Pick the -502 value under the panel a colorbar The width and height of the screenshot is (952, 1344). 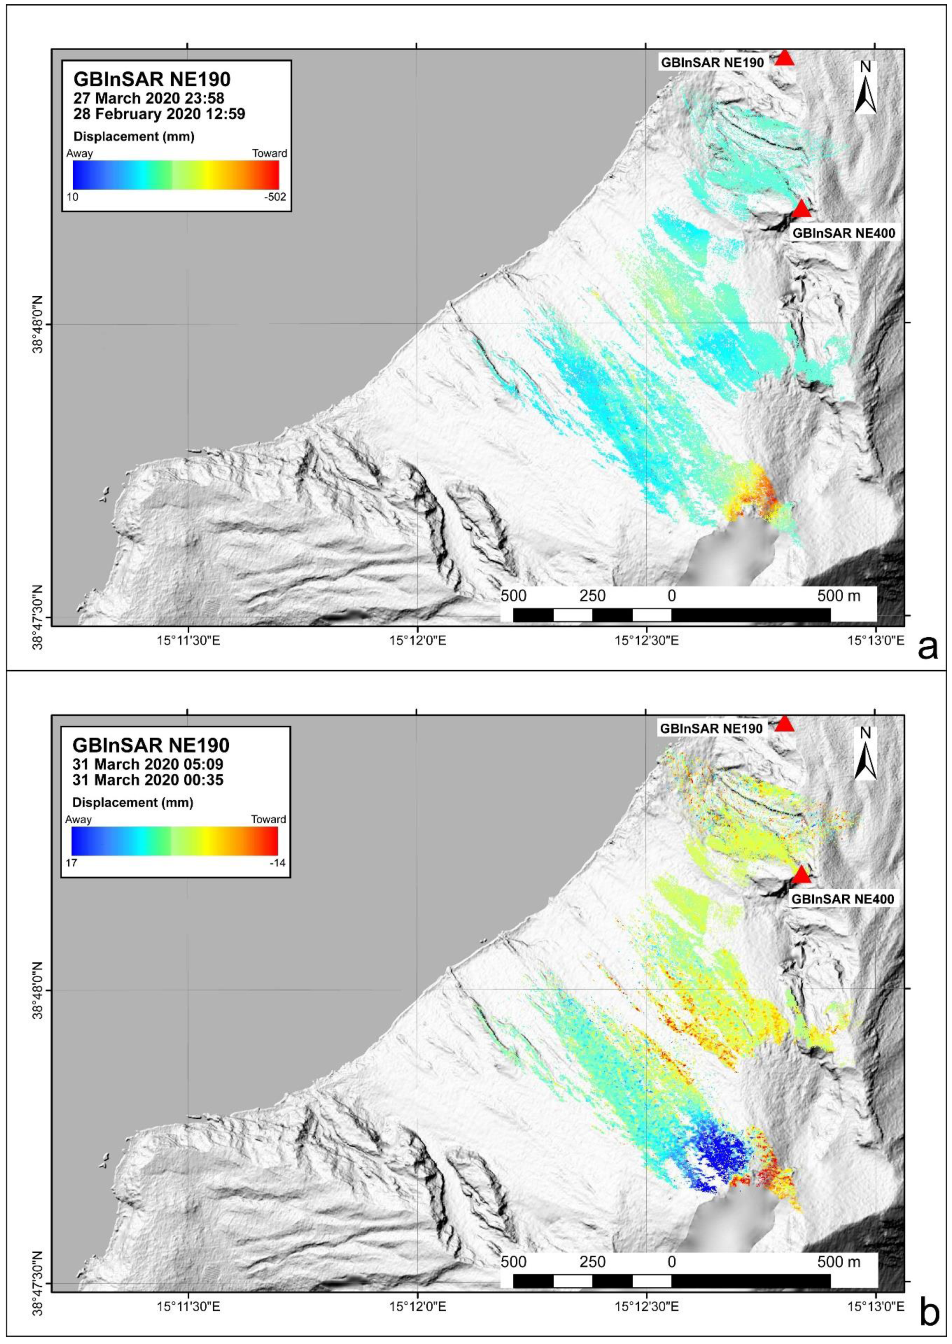click(275, 197)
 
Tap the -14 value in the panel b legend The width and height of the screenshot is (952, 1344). click(275, 863)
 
